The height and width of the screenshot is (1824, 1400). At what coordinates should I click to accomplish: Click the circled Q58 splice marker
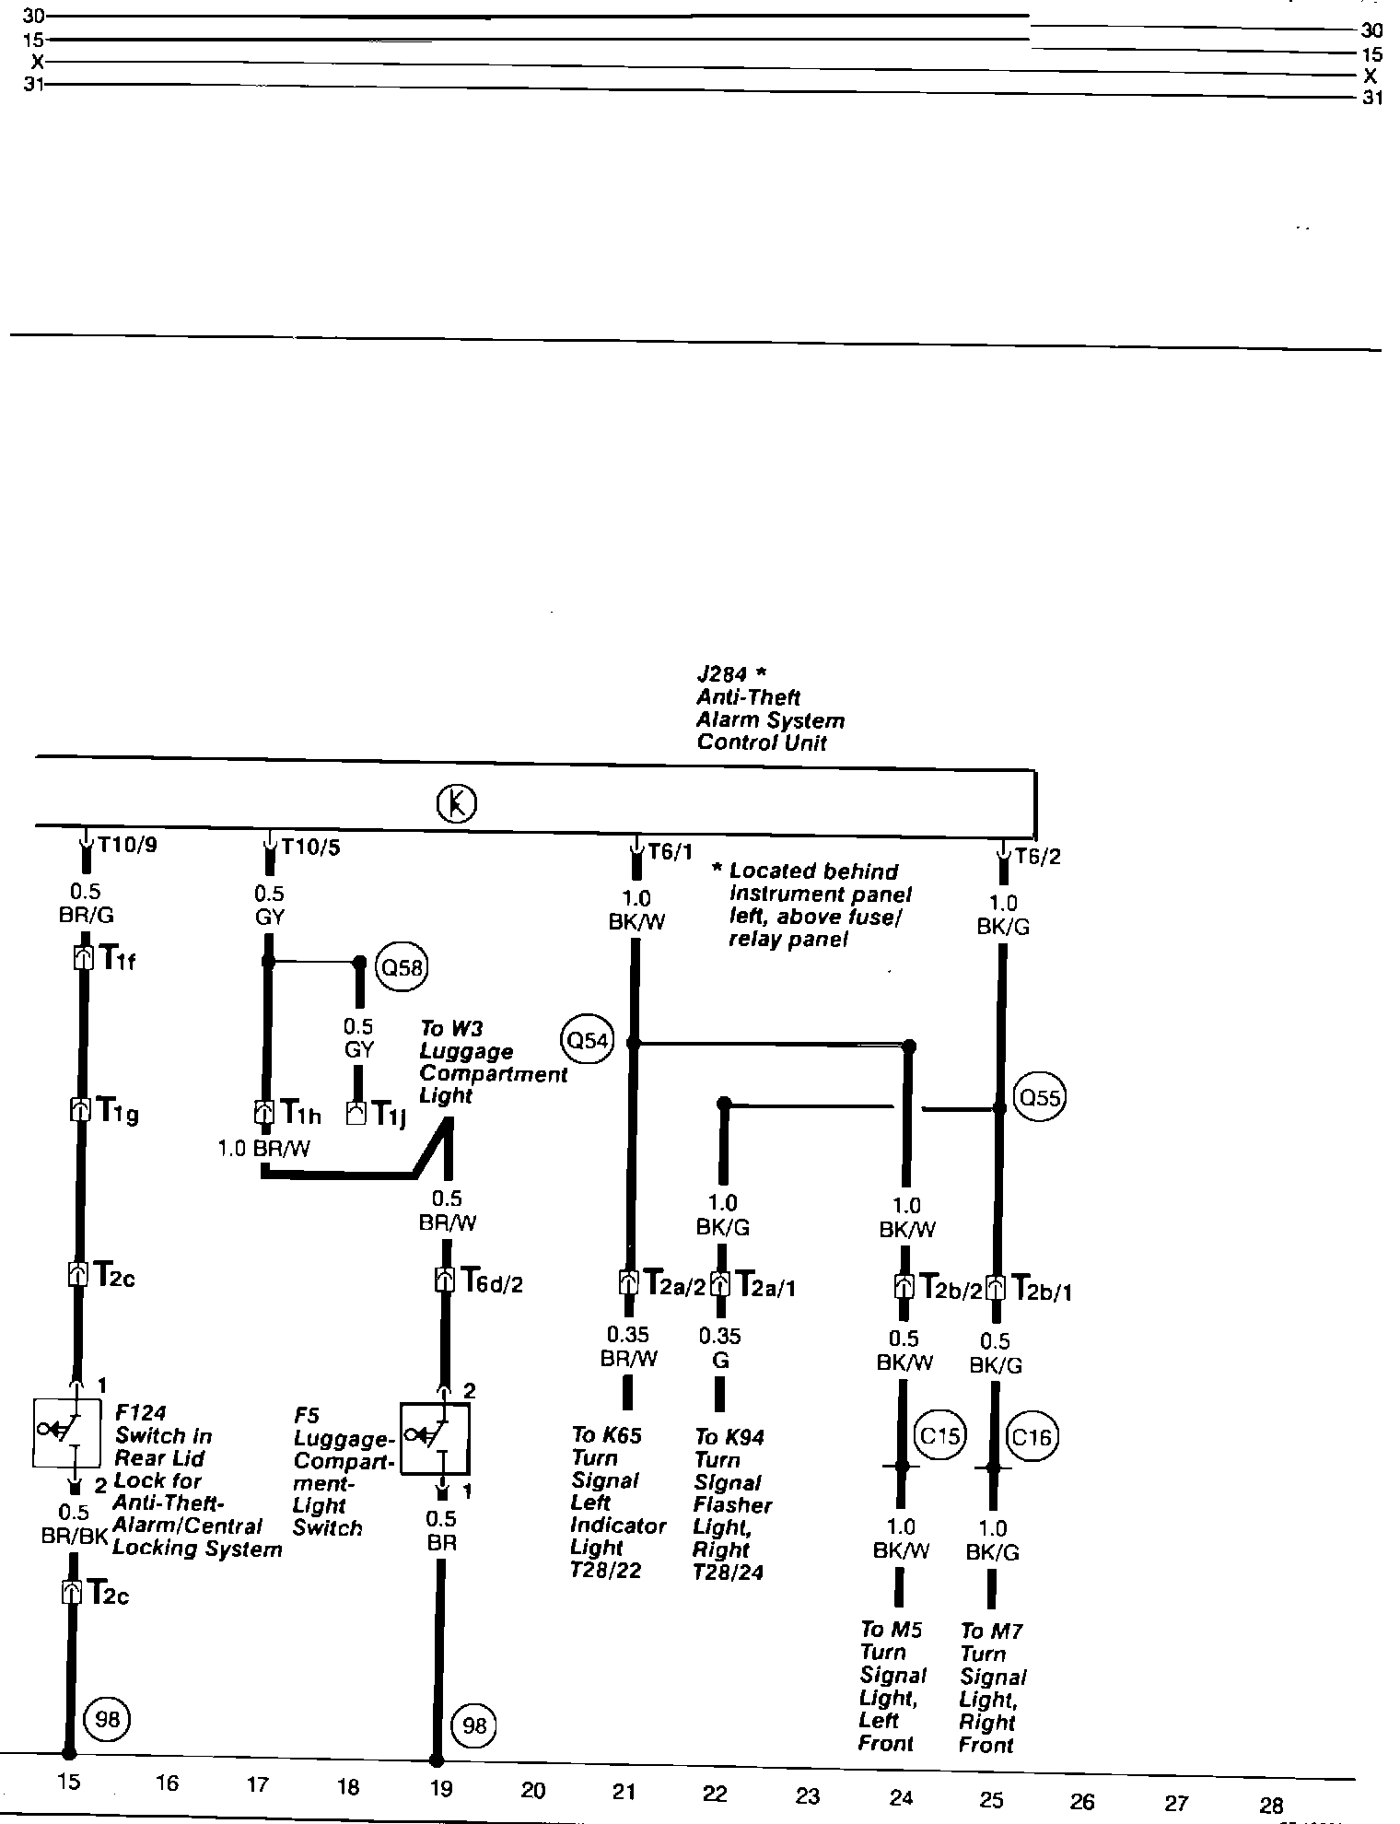point(402,968)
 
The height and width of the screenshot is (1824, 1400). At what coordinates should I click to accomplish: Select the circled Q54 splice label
point(587,1041)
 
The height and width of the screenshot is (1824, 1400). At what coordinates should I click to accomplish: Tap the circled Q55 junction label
point(1038,1097)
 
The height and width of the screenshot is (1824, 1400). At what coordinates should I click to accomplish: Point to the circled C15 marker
point(939,1435)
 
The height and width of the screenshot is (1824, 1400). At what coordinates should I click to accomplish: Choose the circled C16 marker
point(1031,1436)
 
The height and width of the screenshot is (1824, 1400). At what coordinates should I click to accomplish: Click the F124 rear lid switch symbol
point(66,1432)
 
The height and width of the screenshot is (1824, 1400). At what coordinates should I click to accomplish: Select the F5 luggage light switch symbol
point(435,1439)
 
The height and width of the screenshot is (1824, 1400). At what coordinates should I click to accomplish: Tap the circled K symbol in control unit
point(456,804)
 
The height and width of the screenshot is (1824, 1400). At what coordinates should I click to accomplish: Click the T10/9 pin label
point(127,845)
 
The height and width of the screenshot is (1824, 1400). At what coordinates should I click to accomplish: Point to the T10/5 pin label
point(310,847)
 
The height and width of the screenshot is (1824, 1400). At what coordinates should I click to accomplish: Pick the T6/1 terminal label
point(670,851)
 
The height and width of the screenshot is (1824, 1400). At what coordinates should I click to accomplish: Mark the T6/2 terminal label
point(1037,857)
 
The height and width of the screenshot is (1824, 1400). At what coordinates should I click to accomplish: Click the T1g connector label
point(118,1114)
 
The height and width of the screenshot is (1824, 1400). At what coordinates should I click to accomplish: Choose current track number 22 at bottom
point(715,1793)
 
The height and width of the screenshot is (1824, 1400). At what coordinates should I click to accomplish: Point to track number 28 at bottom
point(1270,1805)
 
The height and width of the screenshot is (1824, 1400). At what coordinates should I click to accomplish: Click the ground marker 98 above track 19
point(473,1725)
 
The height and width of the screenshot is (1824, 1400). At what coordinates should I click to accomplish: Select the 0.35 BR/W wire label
point(627,1346)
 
